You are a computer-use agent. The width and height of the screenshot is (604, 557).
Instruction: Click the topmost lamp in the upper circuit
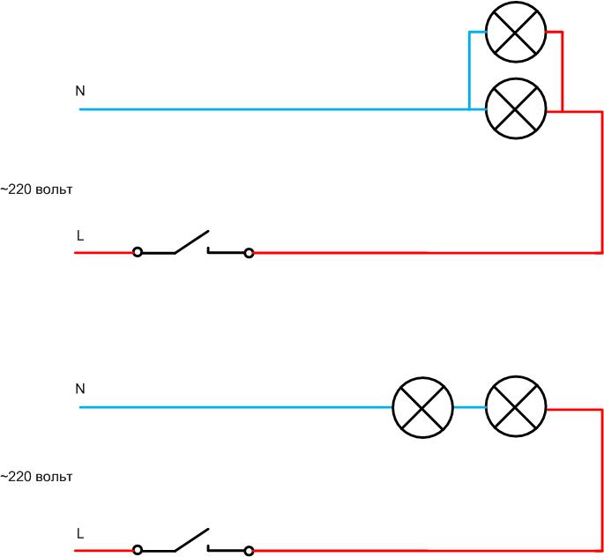(x=517, y=32)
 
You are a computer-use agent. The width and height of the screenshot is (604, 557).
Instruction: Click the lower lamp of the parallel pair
(x=517, y=109)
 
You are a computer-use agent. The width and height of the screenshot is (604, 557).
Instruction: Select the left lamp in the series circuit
(x=422, y=408)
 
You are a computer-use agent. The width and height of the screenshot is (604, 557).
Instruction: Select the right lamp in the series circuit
(x=517, y=408)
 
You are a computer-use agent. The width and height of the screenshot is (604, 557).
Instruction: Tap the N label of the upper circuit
(x=80, y=91)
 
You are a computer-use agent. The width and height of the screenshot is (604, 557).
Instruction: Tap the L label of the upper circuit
(x=80, y=236)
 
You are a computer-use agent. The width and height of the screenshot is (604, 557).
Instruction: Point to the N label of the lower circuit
(x=80, y=389)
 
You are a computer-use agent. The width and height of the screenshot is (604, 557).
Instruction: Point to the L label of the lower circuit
(x=80, y=533)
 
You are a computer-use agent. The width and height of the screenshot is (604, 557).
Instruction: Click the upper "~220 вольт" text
(x=36, y=189)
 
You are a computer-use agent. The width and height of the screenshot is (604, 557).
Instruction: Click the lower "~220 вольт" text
(x=36, y=477)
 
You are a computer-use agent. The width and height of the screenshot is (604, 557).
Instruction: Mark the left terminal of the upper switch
(x=137, y=253)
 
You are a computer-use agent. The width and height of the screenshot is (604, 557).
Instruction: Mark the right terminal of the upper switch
(x=249, y=253)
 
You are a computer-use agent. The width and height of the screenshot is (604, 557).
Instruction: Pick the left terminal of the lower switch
(x=137, y=550)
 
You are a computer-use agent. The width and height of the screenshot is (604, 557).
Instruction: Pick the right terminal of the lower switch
(x=249, y=550)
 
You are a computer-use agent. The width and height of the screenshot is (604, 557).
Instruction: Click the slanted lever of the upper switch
(x=191, y=241)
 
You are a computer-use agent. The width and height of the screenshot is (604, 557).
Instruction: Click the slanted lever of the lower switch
(x=191, y=538)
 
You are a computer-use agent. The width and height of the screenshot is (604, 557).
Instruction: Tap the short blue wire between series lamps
(x=469, y=408)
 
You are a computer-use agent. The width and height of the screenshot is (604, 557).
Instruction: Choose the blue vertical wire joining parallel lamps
(x=469, y=71)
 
